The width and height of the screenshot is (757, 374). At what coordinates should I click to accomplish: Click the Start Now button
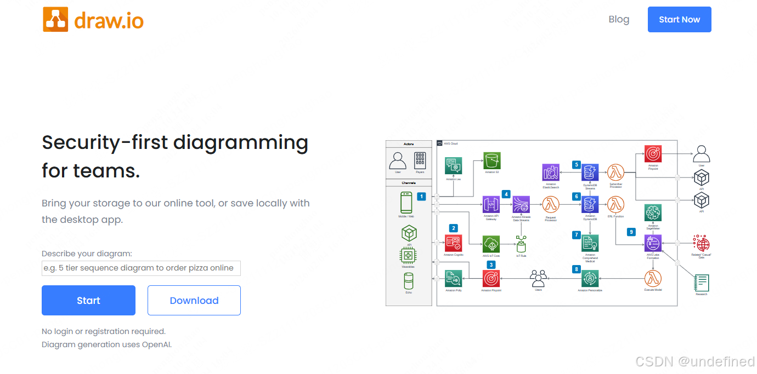pyautogui.click(x=679, y=20)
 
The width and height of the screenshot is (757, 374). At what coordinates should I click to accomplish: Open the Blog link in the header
pyautogui.click(x=619, y=20)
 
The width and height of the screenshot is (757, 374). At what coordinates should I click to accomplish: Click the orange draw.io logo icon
pyautogui.click(x=55, y=20)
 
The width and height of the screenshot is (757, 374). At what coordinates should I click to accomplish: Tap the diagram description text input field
pyautogui.click(x=141, y=268)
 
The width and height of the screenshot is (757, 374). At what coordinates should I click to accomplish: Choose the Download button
pyautogui.click(x=194, y=301)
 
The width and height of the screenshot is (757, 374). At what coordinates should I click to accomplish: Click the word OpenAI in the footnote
pyautogui.click(x=157, y=344)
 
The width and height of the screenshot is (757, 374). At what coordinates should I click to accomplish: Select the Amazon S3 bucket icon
pyautogui.click(x=492, y=161)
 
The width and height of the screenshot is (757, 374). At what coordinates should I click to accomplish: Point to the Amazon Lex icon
pyautogui.click(x=453, y=166)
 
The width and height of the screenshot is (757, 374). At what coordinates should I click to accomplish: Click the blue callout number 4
pyautogui.click(x=506, y=194)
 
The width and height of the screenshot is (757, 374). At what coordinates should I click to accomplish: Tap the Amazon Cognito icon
pyautogui.click(x=453, y=243)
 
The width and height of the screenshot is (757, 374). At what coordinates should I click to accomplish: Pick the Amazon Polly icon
pyautogui.click(x=453, y=279)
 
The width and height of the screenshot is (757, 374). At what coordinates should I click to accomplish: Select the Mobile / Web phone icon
pyautogui.click(x=406, y=203)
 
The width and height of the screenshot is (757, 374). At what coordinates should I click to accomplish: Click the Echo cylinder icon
pyautogui.click(x=409, y=281)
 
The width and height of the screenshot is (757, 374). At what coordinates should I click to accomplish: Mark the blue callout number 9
pyautogui.click(x=631, y=232)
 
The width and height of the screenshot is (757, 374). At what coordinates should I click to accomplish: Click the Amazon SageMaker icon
pyautogui.click(x=653, y=213)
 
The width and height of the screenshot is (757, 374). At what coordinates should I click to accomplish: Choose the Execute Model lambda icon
pyautogui.click(x=653, y=279)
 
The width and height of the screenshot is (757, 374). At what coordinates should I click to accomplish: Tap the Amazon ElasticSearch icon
pyautogui.click(x=551, y=172)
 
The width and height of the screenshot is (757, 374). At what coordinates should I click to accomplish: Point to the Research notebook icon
pyautogui.click(x=702, y=283)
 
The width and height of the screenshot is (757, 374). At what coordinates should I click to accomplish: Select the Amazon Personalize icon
pyautogui.click(x=590, y=279)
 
